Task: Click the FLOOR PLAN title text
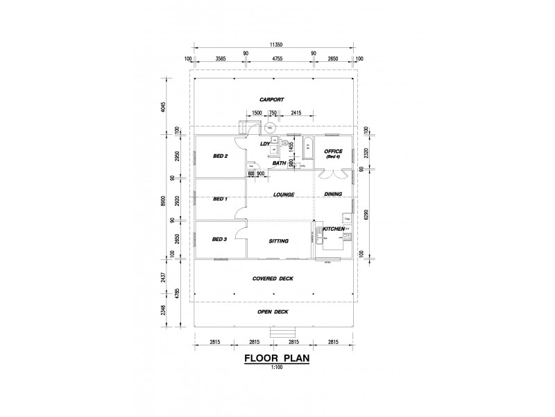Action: tap(277, 360)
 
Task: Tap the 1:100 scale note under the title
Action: tap(277, 369)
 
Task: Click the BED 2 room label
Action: tap(220, 156)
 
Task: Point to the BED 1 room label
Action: tap(220, 199)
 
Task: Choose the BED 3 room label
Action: tap(220, 240)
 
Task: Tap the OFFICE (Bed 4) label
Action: tap(334, 154)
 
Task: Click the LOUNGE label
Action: tap(284, 195)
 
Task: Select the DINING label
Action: tap(334, 195)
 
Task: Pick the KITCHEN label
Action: tap(334, 229)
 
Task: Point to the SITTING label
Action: tap(279, 240)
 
